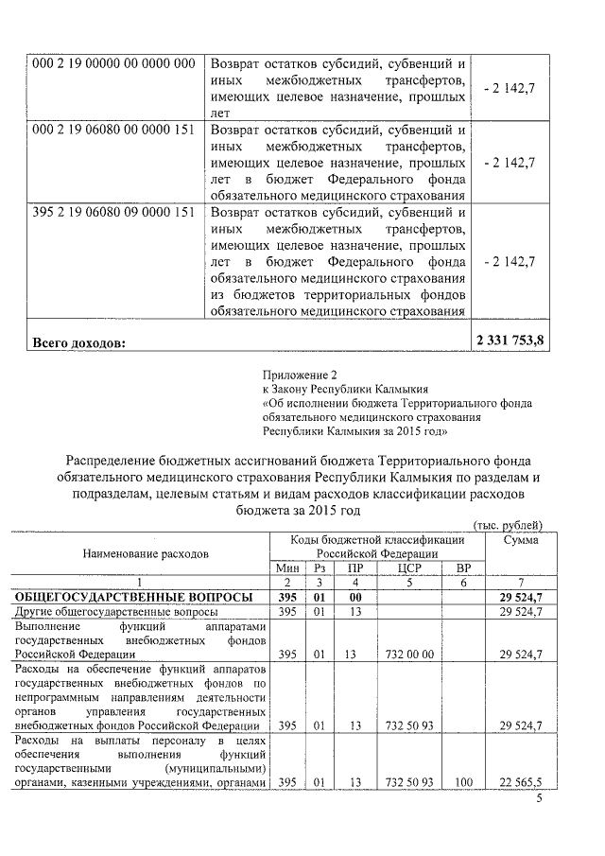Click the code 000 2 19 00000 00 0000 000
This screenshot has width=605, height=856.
coord(113,63)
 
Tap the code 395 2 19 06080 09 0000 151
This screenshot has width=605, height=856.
coord(113,212)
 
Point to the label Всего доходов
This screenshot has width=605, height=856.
coord(78,342)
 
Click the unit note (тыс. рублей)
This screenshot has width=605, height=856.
coord(508,525)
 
